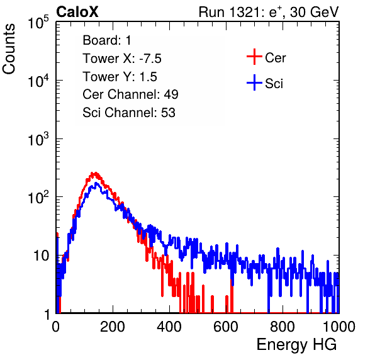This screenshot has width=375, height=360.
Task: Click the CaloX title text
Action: pos(77,12)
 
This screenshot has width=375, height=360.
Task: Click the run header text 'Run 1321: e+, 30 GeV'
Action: pos(269,12)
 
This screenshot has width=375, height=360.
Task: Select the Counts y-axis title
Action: pos(9,49)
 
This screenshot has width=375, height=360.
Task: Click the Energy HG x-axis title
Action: pos(296,345)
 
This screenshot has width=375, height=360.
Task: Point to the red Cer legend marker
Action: pos(254,57)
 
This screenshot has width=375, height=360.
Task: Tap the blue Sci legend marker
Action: pos(254,82)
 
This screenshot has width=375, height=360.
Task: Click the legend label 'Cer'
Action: pos(275,58)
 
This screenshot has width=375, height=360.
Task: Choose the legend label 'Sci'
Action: pos(274,84)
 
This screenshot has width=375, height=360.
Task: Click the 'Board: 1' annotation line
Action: pos(107,40)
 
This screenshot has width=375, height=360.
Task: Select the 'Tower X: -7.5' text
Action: pos(122,59)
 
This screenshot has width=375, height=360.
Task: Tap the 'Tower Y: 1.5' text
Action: pos(120,77)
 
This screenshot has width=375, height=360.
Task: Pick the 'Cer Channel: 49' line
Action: pos(130,94)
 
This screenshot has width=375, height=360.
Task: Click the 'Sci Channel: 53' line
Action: pos(129,113)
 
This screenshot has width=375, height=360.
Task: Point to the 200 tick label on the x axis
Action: pos(113,327)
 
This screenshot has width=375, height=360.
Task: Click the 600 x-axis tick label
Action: pos(226,327)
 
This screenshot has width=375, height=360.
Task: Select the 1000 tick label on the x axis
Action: pos(339,327)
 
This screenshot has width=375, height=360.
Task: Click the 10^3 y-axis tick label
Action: pos(38,139)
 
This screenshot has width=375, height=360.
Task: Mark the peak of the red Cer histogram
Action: pos(95,172)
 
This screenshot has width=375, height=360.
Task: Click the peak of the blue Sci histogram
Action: pos(96,183)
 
